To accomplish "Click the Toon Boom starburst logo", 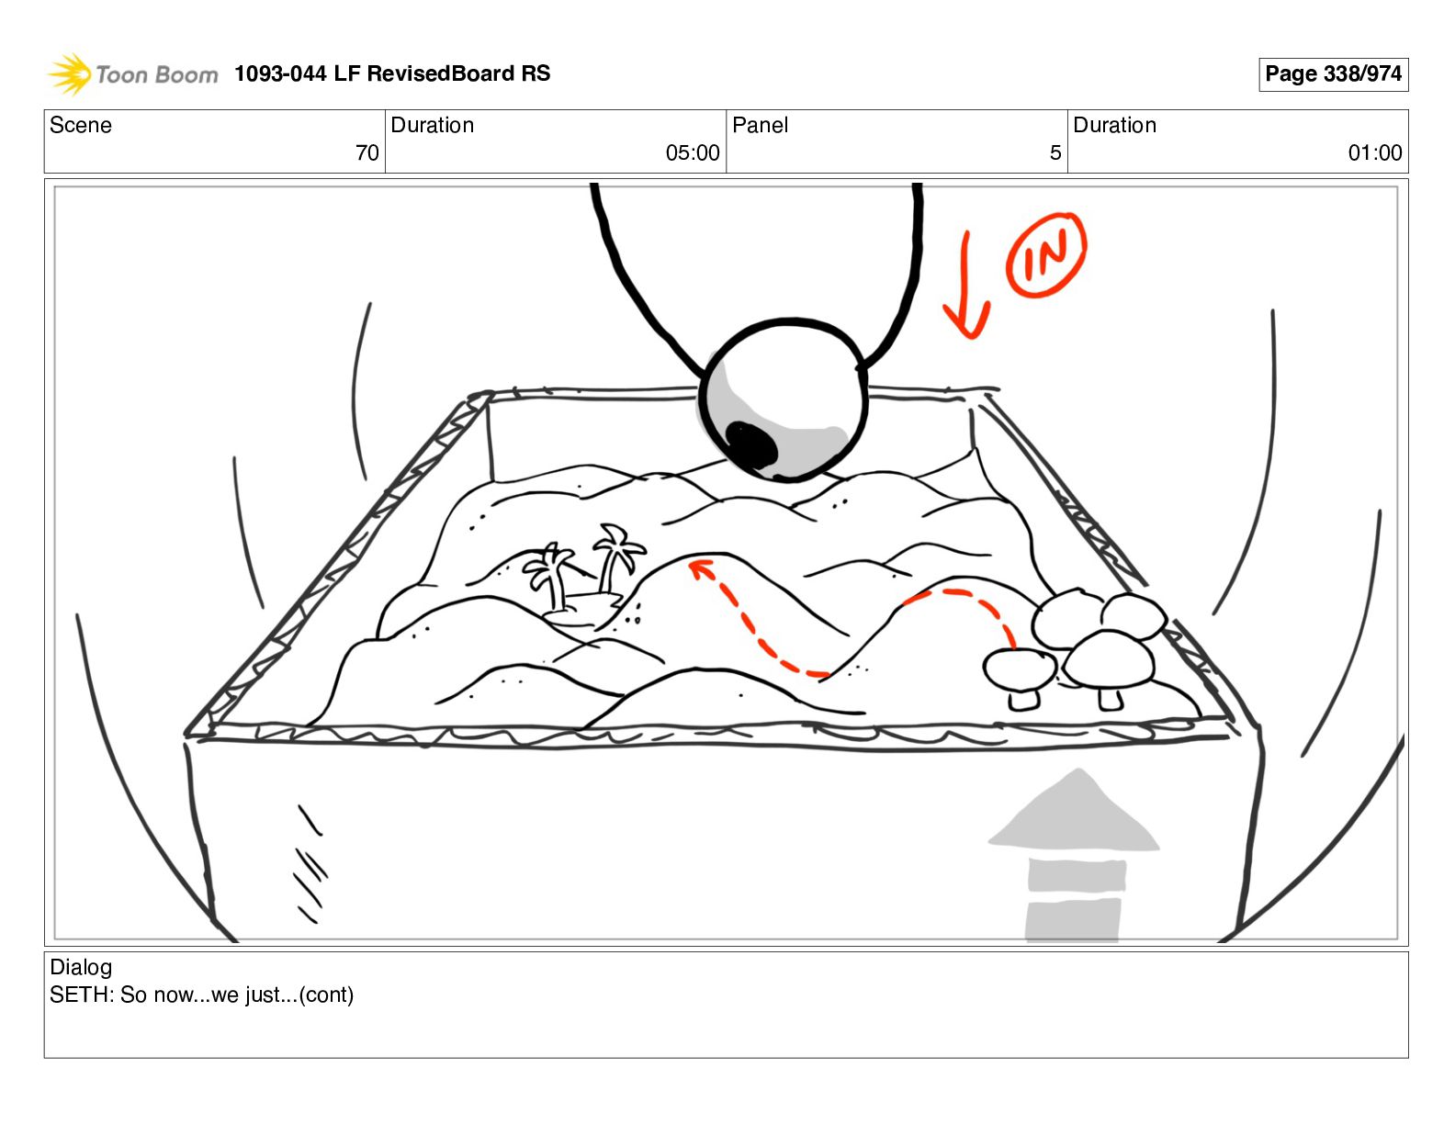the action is coord(70,73).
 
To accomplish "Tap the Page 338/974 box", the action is coord(1333,74).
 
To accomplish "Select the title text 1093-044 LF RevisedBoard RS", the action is coord(392,73).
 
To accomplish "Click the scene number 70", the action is coord(367,153).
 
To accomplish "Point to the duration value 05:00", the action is coord(693,153).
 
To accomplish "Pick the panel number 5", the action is coord(1055,153).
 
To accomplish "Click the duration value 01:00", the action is coord(1375,153).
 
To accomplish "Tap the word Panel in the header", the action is coord(760,125).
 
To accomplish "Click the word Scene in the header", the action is coord(80,125).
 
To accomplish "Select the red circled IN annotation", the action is coord(1046,254).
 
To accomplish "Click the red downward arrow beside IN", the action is coord(965,285).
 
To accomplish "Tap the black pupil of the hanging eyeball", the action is coord(751,444).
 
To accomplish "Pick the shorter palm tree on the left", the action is coord(550,577).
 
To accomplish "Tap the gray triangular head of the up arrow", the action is coord(1074,812).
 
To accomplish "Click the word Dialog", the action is coord(81,967).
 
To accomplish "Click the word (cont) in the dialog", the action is coord(326,995).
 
